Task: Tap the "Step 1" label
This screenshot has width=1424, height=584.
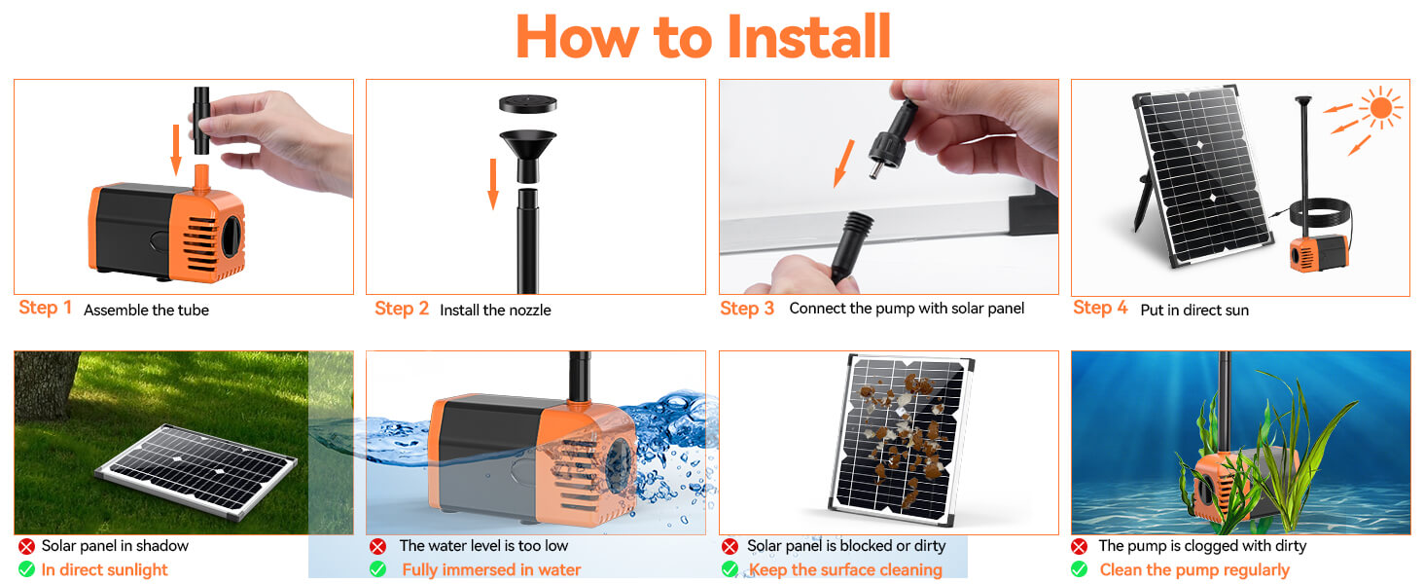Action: point(46,308)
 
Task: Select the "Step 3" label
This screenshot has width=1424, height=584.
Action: point(747,309)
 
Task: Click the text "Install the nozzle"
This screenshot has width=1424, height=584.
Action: point(495,310)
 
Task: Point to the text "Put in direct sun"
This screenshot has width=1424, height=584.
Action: point(1194,310)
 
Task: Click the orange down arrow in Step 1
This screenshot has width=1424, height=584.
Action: point(176,149)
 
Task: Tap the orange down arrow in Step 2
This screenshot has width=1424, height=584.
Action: point(493,183)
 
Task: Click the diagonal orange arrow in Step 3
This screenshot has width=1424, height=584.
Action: point(844,163)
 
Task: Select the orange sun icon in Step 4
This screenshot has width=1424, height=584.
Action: point(1379,107)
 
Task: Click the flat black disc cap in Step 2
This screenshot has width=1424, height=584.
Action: point(527,103)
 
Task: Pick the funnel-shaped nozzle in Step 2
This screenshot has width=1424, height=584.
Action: point(527,151)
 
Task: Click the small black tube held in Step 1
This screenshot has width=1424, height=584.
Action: point(202,120)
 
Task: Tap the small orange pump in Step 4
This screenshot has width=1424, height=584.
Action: point(1318,252)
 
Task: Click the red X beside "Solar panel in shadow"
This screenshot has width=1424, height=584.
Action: point(26,547)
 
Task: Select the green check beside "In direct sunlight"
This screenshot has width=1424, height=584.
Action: point(26,569)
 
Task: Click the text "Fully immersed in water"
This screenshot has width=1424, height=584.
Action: point(491,570)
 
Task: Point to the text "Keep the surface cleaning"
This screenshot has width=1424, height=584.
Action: point(844,570)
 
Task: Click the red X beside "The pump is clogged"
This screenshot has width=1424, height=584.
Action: point(1079,547)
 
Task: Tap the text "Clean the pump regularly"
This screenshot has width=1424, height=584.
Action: point(1194,570)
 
